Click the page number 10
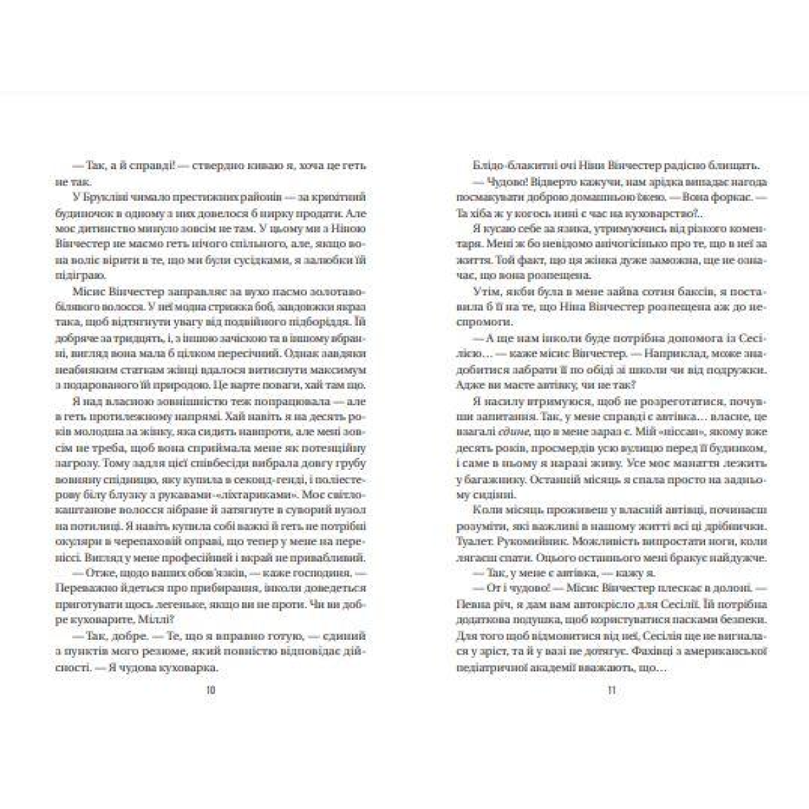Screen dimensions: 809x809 point(212,690)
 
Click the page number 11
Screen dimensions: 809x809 point(611,690)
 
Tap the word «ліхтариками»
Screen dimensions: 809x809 point(268,470)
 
